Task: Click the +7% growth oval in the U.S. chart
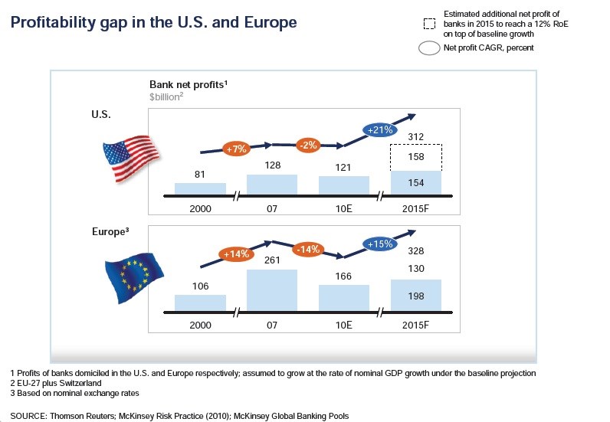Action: tap(235, 148)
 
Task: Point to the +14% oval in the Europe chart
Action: tap(235, 254)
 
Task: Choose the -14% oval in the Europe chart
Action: tap(308, 249)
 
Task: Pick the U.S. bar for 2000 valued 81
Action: tap(200, 188)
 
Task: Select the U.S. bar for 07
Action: tap(271, 185)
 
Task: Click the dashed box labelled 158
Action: tap(416, 157)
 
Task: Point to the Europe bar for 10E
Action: tap(343, 297)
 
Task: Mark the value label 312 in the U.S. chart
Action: tap(416, 138)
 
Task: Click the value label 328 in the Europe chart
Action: tap(416, 250)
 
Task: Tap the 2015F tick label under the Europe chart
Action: tap(416, 325)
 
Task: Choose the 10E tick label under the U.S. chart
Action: tap(343, 208)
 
